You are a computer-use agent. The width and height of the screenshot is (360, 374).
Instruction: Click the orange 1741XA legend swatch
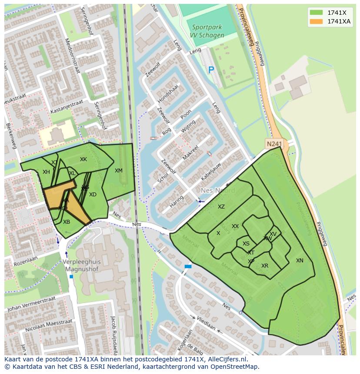pyautogui.click(x=316, y=21)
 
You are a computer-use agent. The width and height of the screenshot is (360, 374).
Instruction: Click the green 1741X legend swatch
pyautogui.click(x=316, y=13)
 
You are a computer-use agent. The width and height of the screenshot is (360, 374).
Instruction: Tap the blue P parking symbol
pyautogui.click(x=211, y=70)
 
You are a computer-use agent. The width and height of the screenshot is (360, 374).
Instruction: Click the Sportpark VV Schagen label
pyautogui.click(x=207, y=31)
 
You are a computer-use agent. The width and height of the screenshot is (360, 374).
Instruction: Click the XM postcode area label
pyautogui.click(x=119, y=171)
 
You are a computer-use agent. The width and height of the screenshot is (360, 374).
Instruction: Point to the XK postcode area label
pyautogui.click(x=83, y=159)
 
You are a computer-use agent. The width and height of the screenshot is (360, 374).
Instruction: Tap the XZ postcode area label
pyautogui.click(x=221, y=207)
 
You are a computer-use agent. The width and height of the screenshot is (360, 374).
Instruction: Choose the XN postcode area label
pyautogui.click(x=300, y=261)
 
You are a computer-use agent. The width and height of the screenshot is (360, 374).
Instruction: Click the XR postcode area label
pyautogui.click(x=265, y=266)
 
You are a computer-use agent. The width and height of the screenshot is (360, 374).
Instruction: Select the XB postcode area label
pyautogui.click(x=67, y=222)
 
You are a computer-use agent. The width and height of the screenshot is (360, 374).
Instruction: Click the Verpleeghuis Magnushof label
pyautogui.click(x=82, y=265)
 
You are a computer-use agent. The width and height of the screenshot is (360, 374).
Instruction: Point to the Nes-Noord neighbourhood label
pyautogui.click(x=218, y=191)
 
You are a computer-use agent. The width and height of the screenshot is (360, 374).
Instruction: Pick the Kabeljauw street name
pyautogui.click(x=211, y=172)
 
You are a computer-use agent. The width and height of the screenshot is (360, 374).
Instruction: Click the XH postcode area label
pyautogui.click(x=46, y=172)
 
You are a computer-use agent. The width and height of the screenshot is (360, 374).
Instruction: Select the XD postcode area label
pyautogui.click(x=93, y=195)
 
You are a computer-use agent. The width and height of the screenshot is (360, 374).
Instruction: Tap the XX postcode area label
pyautogui.click(x=235, y=226)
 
